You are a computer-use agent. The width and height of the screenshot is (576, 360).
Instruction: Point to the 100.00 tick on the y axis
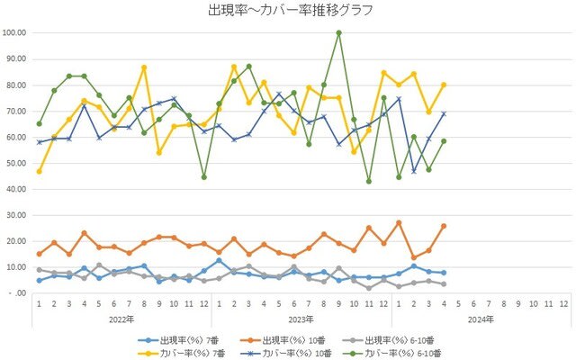pos(16,32)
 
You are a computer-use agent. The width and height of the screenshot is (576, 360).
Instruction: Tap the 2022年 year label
pos(121,319)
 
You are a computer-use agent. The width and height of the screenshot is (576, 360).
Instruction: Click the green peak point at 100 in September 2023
pos(338,33)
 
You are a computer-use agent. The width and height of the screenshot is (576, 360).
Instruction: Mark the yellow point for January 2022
pos(39,171)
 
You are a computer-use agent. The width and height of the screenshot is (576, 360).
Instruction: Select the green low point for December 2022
pos(204,176)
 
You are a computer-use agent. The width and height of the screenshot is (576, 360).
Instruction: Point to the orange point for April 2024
pos(444,226)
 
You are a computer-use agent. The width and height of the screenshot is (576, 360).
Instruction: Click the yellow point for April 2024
pos(444,85)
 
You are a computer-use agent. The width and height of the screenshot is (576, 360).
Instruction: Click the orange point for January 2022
pos(39,254)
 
